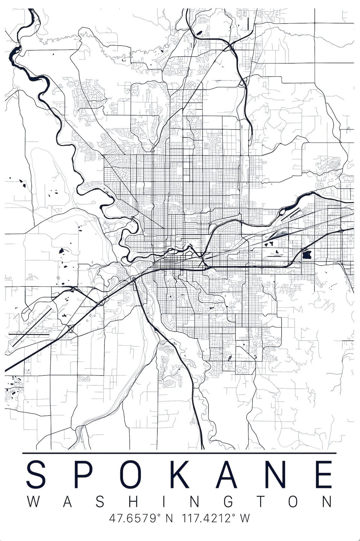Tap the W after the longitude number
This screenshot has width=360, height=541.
[x=245, y=518]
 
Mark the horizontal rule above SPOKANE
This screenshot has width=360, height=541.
[x=179, y=453]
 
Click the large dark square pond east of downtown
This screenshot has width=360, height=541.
[x=306, y=254]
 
